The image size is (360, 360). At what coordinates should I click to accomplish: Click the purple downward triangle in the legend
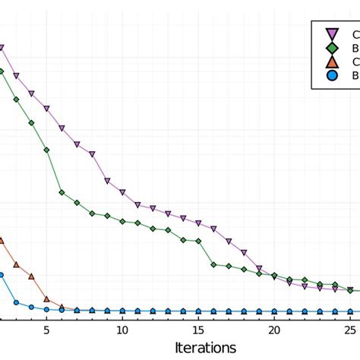pyautogui.click(x=331, y=33)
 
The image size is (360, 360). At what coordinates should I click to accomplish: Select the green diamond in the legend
pyautogui.click(x=331, y=47)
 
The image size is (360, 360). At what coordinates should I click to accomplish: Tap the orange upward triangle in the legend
pyautogui.click(x=331, y=61)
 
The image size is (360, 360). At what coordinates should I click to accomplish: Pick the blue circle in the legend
pyautogui.click(x=331, y=75)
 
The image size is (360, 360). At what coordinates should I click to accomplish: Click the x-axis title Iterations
pyautogui.click(x=205, y=346)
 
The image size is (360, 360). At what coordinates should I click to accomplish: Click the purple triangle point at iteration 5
pyautogui.click(x=46, y=109)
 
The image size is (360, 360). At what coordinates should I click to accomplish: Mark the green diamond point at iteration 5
pyautogui.click(x=46, y=150)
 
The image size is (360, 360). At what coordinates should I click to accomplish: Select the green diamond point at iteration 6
pyautogui.click(x=62, y=192)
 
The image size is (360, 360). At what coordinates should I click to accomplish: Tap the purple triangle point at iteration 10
pyautogui.click(x=122, y=192)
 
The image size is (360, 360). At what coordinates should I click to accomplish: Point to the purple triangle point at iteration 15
pyautogui.click(x=198, y=223)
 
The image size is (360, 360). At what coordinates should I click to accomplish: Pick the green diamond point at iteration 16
pyautogui.click(x=213, y=264)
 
